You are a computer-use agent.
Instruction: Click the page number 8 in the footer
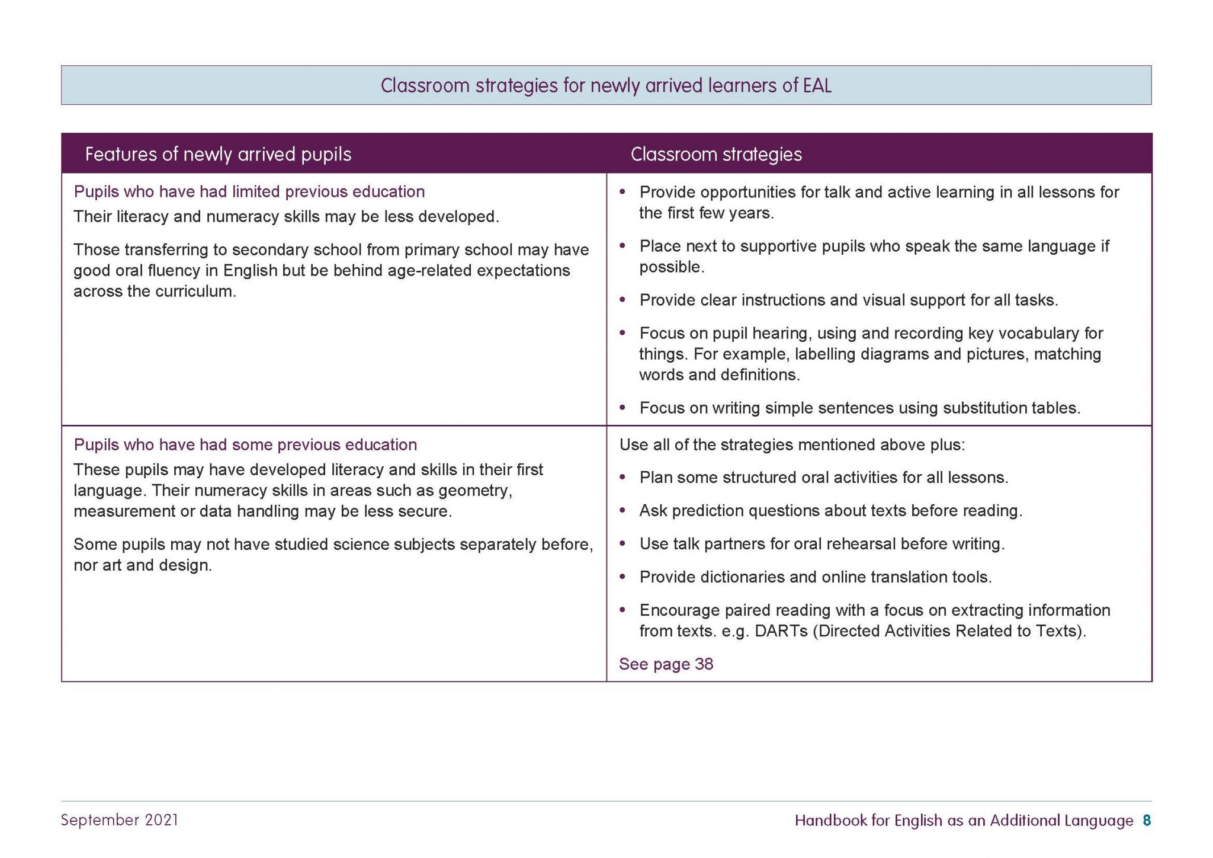1147,820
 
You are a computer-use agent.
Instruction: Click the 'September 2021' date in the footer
120,820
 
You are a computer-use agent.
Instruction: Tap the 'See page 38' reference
666,664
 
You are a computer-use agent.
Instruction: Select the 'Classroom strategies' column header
716,154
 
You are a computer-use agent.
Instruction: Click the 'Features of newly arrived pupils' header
218,154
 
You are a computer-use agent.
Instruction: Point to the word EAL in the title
817,86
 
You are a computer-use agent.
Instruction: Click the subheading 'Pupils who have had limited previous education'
249,191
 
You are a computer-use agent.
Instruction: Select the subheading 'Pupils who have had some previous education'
245,444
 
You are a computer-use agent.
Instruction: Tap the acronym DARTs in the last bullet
781,630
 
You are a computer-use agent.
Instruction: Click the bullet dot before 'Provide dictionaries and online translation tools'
622,577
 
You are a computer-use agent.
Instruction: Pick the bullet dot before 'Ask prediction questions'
622,510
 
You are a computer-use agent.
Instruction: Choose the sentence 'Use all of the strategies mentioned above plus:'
792,444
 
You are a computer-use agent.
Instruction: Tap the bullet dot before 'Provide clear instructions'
622,300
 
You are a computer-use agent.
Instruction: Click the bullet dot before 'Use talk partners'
622,543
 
